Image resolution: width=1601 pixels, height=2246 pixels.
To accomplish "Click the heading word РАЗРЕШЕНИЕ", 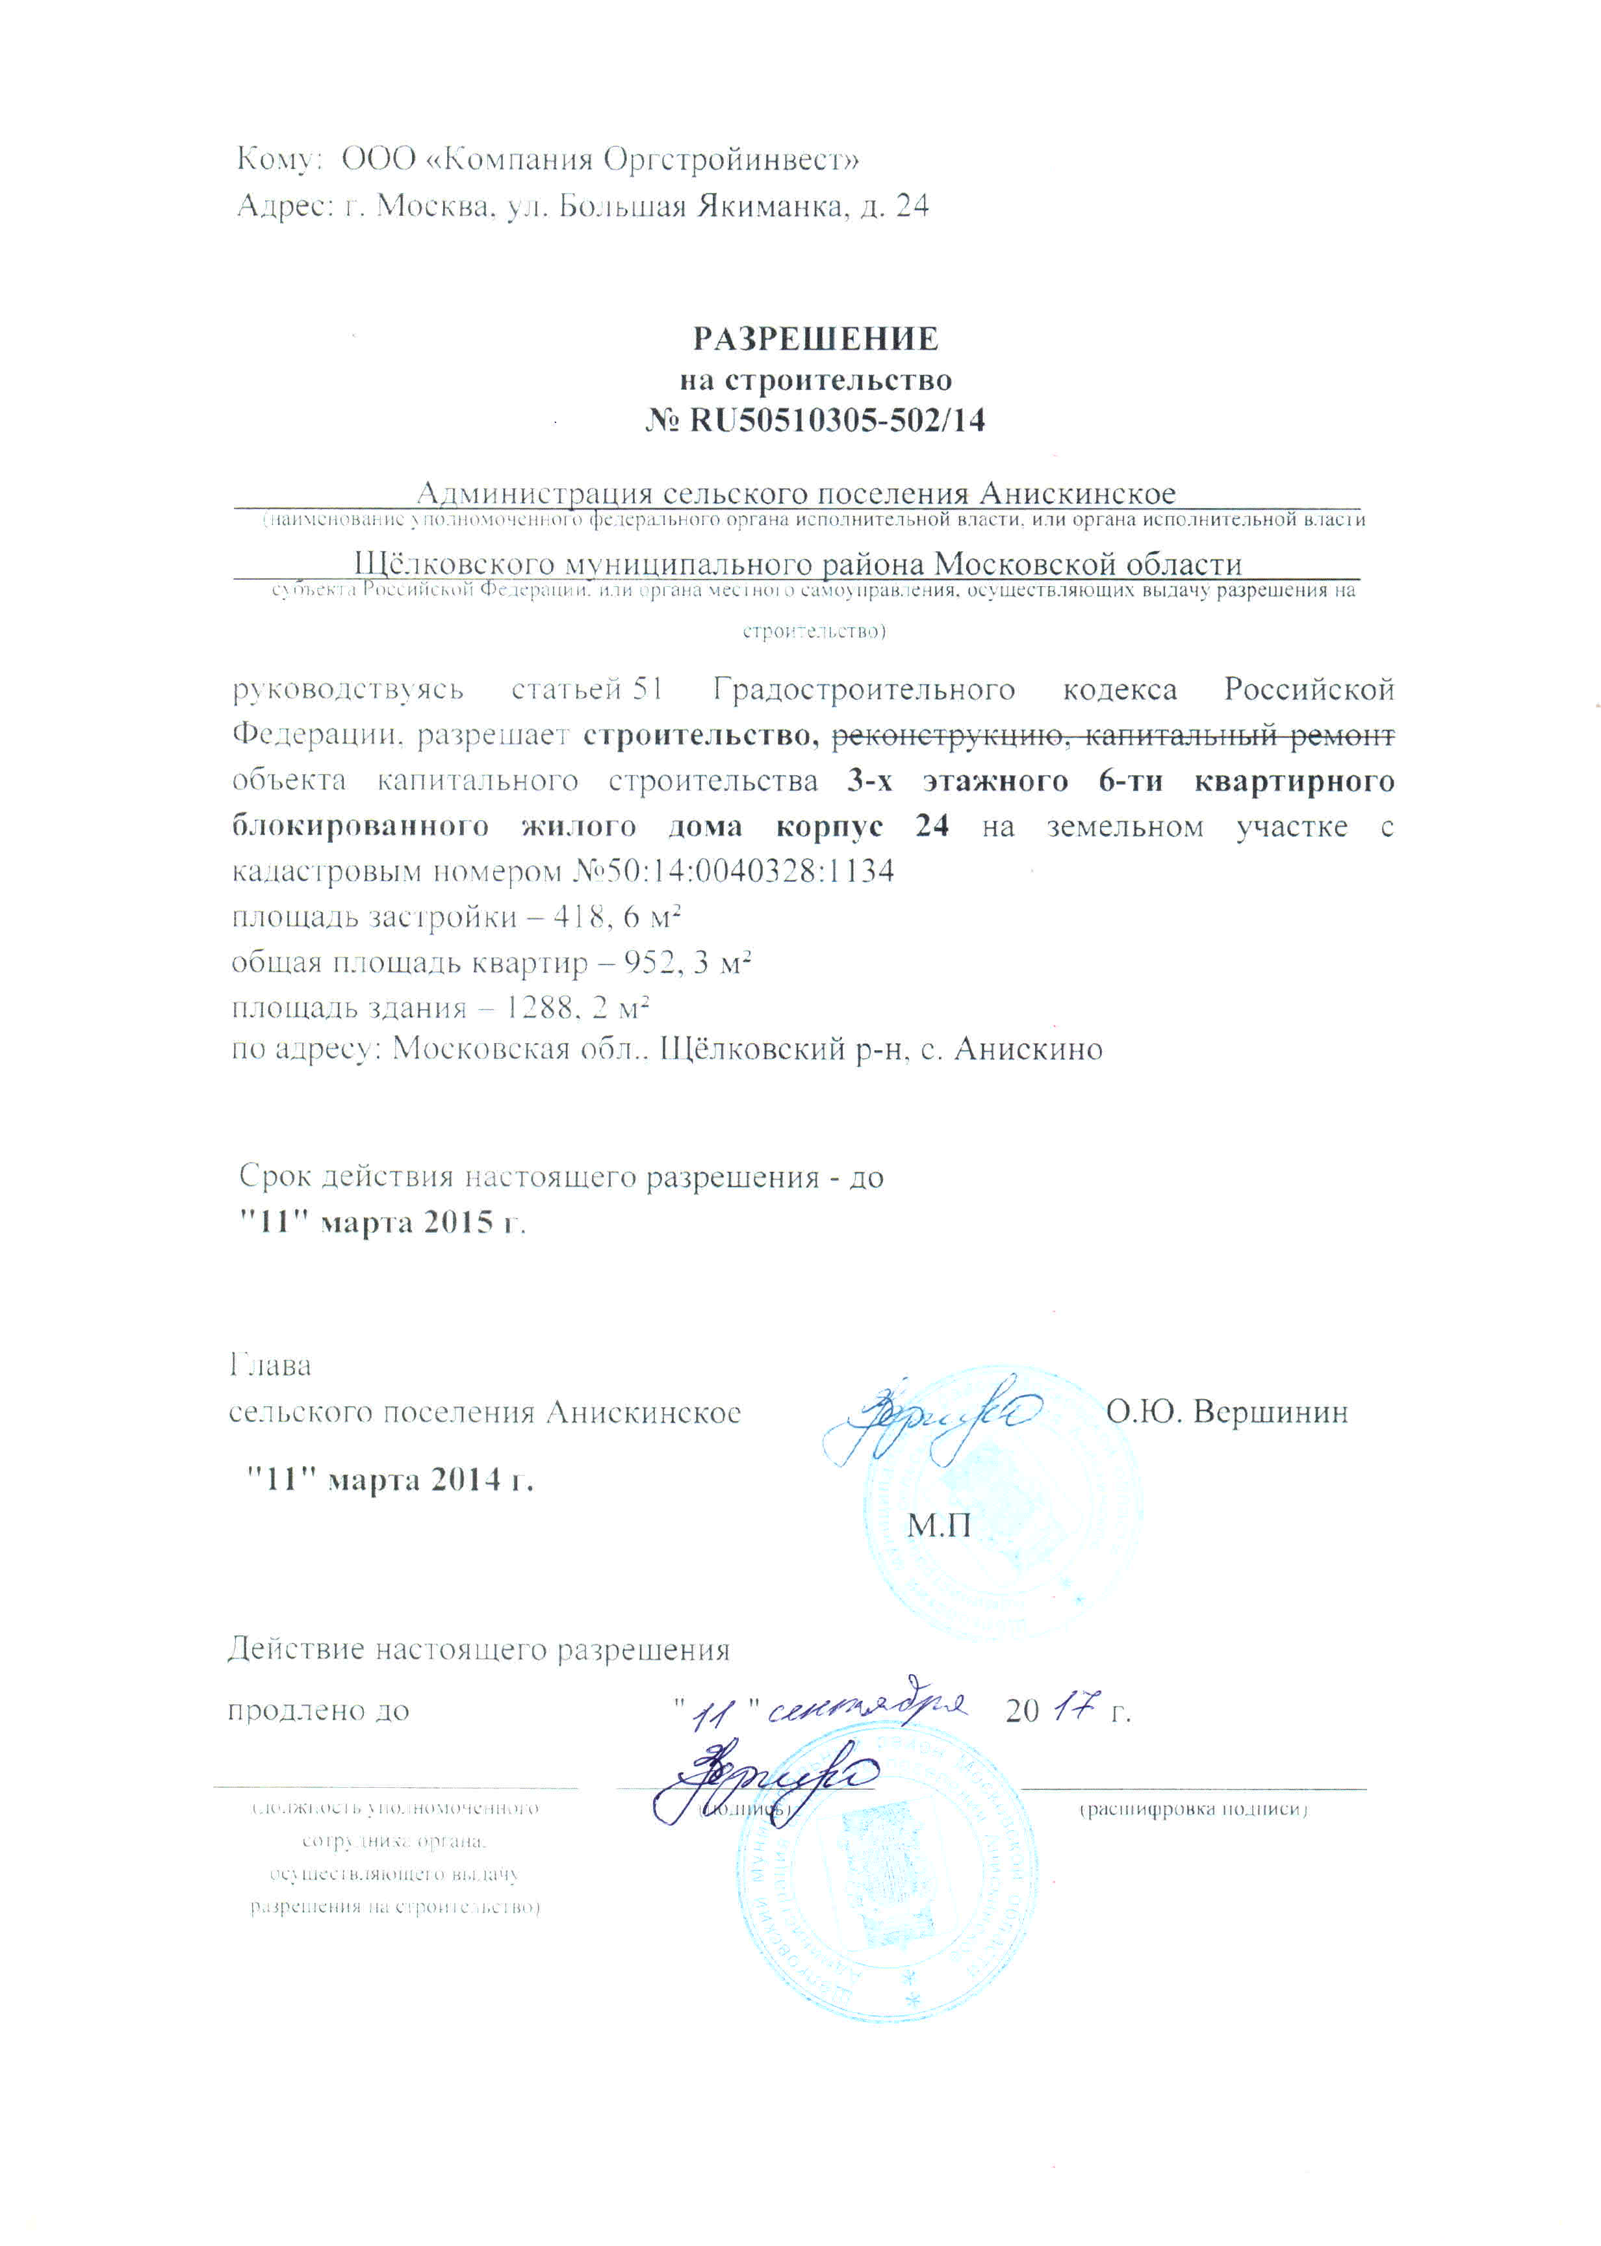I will coord(815,339).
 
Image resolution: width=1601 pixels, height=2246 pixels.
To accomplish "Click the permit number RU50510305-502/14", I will coord(837,421).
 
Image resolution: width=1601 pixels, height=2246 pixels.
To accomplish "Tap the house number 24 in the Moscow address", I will coord(912,206).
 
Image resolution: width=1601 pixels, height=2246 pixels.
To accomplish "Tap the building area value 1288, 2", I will coord(554,1007).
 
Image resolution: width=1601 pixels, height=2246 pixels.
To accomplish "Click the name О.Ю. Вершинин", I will coord(1226,1412).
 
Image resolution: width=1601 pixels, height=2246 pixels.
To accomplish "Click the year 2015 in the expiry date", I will coord(459,1222).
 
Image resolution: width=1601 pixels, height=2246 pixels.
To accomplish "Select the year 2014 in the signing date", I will coord(465,1480).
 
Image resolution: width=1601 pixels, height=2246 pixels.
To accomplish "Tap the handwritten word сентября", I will coord(867,1710).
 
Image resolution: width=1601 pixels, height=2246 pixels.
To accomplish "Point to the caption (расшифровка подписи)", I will coord(1193,1809).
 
